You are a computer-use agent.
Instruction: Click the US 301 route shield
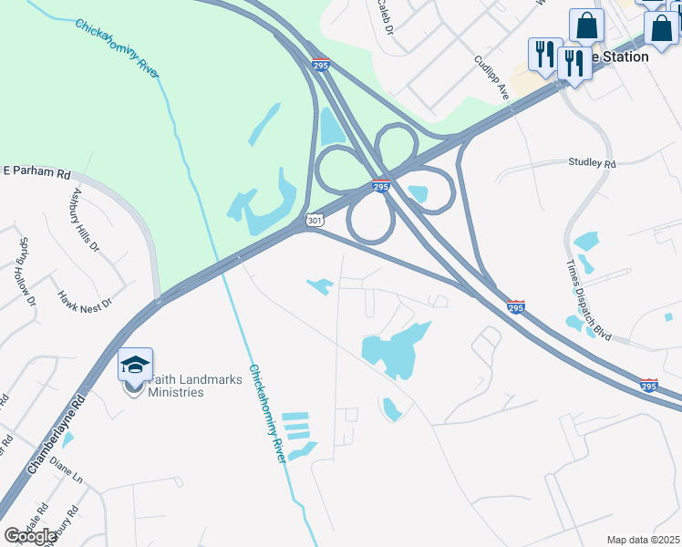(315, 220)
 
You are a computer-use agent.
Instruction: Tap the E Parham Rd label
(37, 171)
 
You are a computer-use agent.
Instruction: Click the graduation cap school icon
(135, 365)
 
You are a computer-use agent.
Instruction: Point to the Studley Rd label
(592, 163)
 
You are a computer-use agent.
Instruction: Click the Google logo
(29, 536)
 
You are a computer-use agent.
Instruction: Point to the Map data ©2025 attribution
(643, 539)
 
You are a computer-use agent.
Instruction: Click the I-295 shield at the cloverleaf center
(381, 186)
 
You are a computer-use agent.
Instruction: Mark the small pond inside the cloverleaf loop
(418, 193)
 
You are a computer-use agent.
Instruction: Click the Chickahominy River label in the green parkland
(118, 46)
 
